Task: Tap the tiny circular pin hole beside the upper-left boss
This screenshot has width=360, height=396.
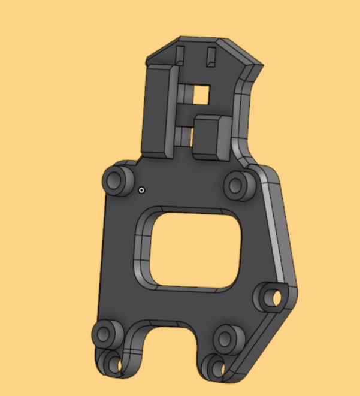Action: click(141, 191)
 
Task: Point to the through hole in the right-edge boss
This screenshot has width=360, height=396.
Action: click(275, 297)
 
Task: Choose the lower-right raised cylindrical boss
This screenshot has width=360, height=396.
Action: click(227, 338)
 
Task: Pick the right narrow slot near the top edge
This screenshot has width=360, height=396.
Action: click(210, 57)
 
